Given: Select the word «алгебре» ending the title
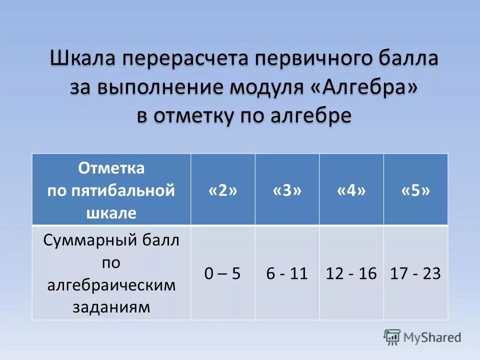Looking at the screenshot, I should (311, 115).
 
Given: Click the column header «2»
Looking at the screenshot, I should (222, 190).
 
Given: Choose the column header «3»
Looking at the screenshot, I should (287, 190).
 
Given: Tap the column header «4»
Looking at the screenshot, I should (351, 190).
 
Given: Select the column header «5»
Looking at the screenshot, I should (415, 190).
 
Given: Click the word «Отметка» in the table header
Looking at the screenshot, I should (111, 168).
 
